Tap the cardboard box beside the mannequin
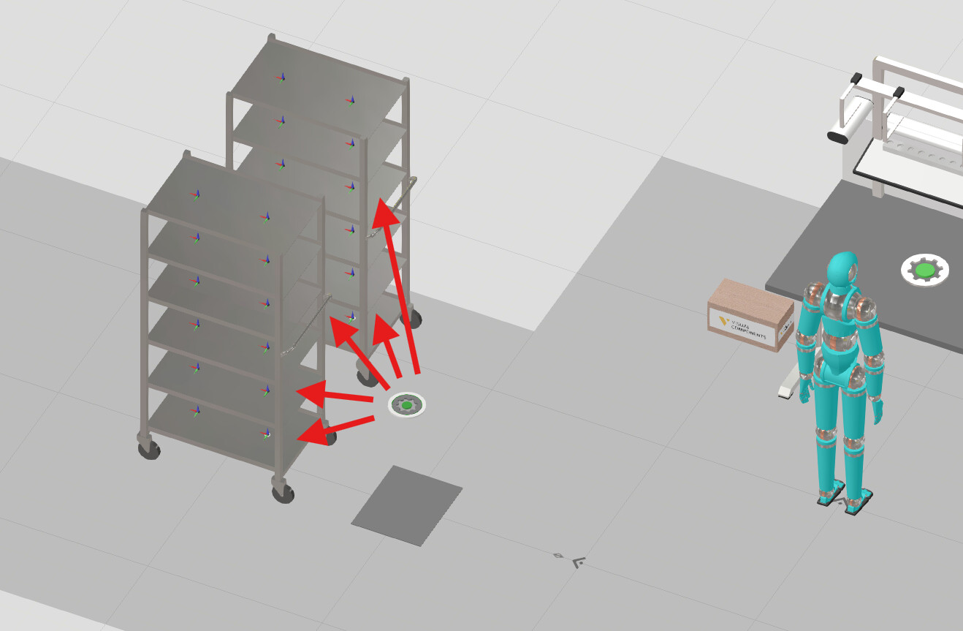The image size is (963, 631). pos(750,314)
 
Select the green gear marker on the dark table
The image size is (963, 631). pos(925,270)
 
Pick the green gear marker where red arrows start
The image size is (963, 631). pos(407,404)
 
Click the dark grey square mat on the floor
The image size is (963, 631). pos(406,505)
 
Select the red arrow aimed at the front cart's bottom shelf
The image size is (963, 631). pos(335,428)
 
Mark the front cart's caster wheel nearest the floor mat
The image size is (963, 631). pos(283,491)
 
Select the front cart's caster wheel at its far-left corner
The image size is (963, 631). pos(149,448)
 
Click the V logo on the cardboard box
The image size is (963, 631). pos(723,320)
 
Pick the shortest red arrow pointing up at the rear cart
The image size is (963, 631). pos(386,340)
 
